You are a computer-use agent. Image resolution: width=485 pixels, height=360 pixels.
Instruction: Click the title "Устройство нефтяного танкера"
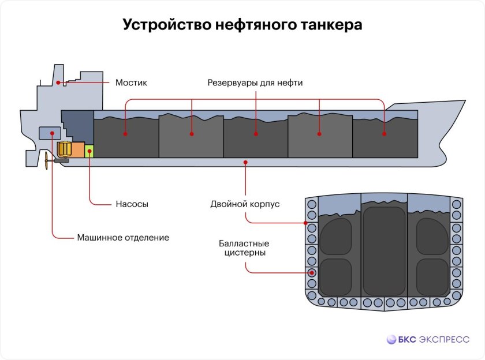click(242, 25)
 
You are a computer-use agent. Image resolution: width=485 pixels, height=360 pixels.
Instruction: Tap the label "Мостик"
click(131, 82)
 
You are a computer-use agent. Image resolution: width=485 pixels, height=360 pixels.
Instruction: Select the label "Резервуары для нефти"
click(255, 82)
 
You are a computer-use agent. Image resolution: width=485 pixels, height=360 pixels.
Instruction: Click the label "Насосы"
click(132, 204)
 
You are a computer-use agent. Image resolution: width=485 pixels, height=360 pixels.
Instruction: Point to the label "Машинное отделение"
click(123, 237)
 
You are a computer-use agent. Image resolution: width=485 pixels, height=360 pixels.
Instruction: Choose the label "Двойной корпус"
click(245, 204)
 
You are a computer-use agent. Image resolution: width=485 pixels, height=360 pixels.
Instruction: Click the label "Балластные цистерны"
click(244, 247)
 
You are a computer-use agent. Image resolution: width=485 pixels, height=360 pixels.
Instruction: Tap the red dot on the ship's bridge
click(58, 82)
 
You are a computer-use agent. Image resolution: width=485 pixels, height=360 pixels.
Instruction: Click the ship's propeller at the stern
click(43, 159)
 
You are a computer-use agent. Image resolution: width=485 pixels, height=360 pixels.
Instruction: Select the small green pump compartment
click(89, 152)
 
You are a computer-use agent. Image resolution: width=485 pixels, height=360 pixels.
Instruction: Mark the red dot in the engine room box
click(53, 134)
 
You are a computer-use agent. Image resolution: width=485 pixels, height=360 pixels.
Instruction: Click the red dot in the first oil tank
click(125, 134)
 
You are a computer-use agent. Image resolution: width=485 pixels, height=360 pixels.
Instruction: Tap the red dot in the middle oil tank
click(255, 134)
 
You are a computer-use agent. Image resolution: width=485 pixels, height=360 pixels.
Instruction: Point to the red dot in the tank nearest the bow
click(384, 134)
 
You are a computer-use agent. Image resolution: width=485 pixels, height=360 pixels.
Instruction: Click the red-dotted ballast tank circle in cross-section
click(312, 273)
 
